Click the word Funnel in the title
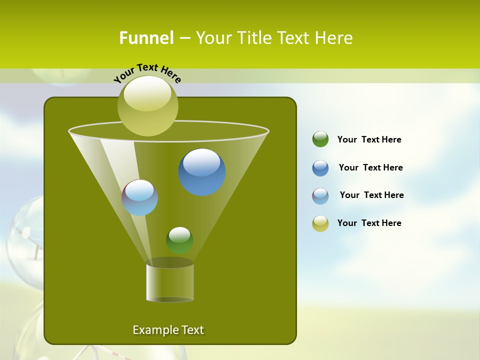click(x=146, y=38)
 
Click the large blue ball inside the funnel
click(x=202, y=172)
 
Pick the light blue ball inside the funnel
click(x=139, y=197)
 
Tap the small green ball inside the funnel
click(x=179, y=240)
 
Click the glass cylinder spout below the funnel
click(x=169, y=282)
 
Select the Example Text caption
click(x=168, y=330)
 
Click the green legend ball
click(x=320, y=139)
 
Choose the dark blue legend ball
click(x=320, y=168)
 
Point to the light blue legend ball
click(x=320, y=196)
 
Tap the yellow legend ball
click(x=320, y=223)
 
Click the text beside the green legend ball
click(x=369, y=140)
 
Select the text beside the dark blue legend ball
click(x=370, y=168)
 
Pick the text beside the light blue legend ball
click(x=371, y=195)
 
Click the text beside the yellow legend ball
click(x=369, y=223)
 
